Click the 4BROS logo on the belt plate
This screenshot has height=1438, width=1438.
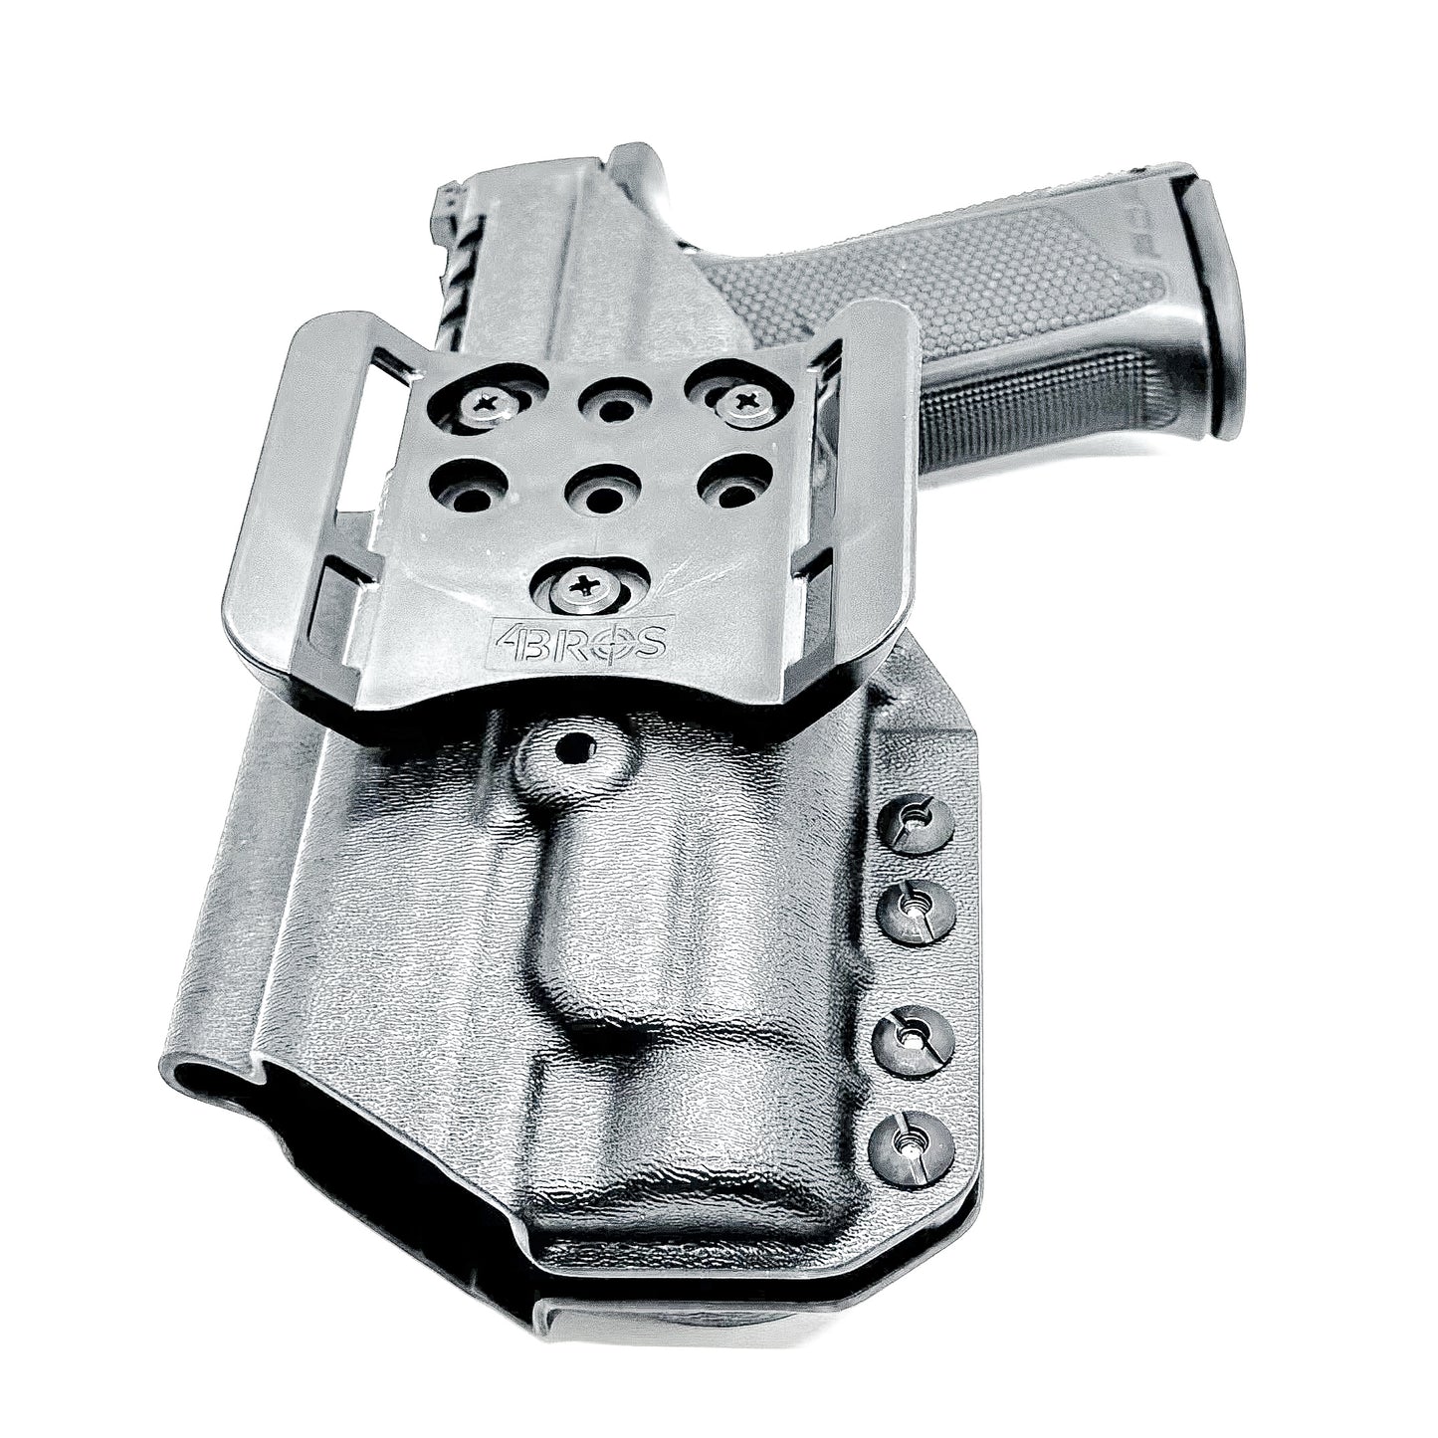coord(580,640)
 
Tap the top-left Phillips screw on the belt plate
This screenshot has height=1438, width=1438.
coord(494,404)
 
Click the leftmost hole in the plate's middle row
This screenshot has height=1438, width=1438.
coord(470,492)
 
